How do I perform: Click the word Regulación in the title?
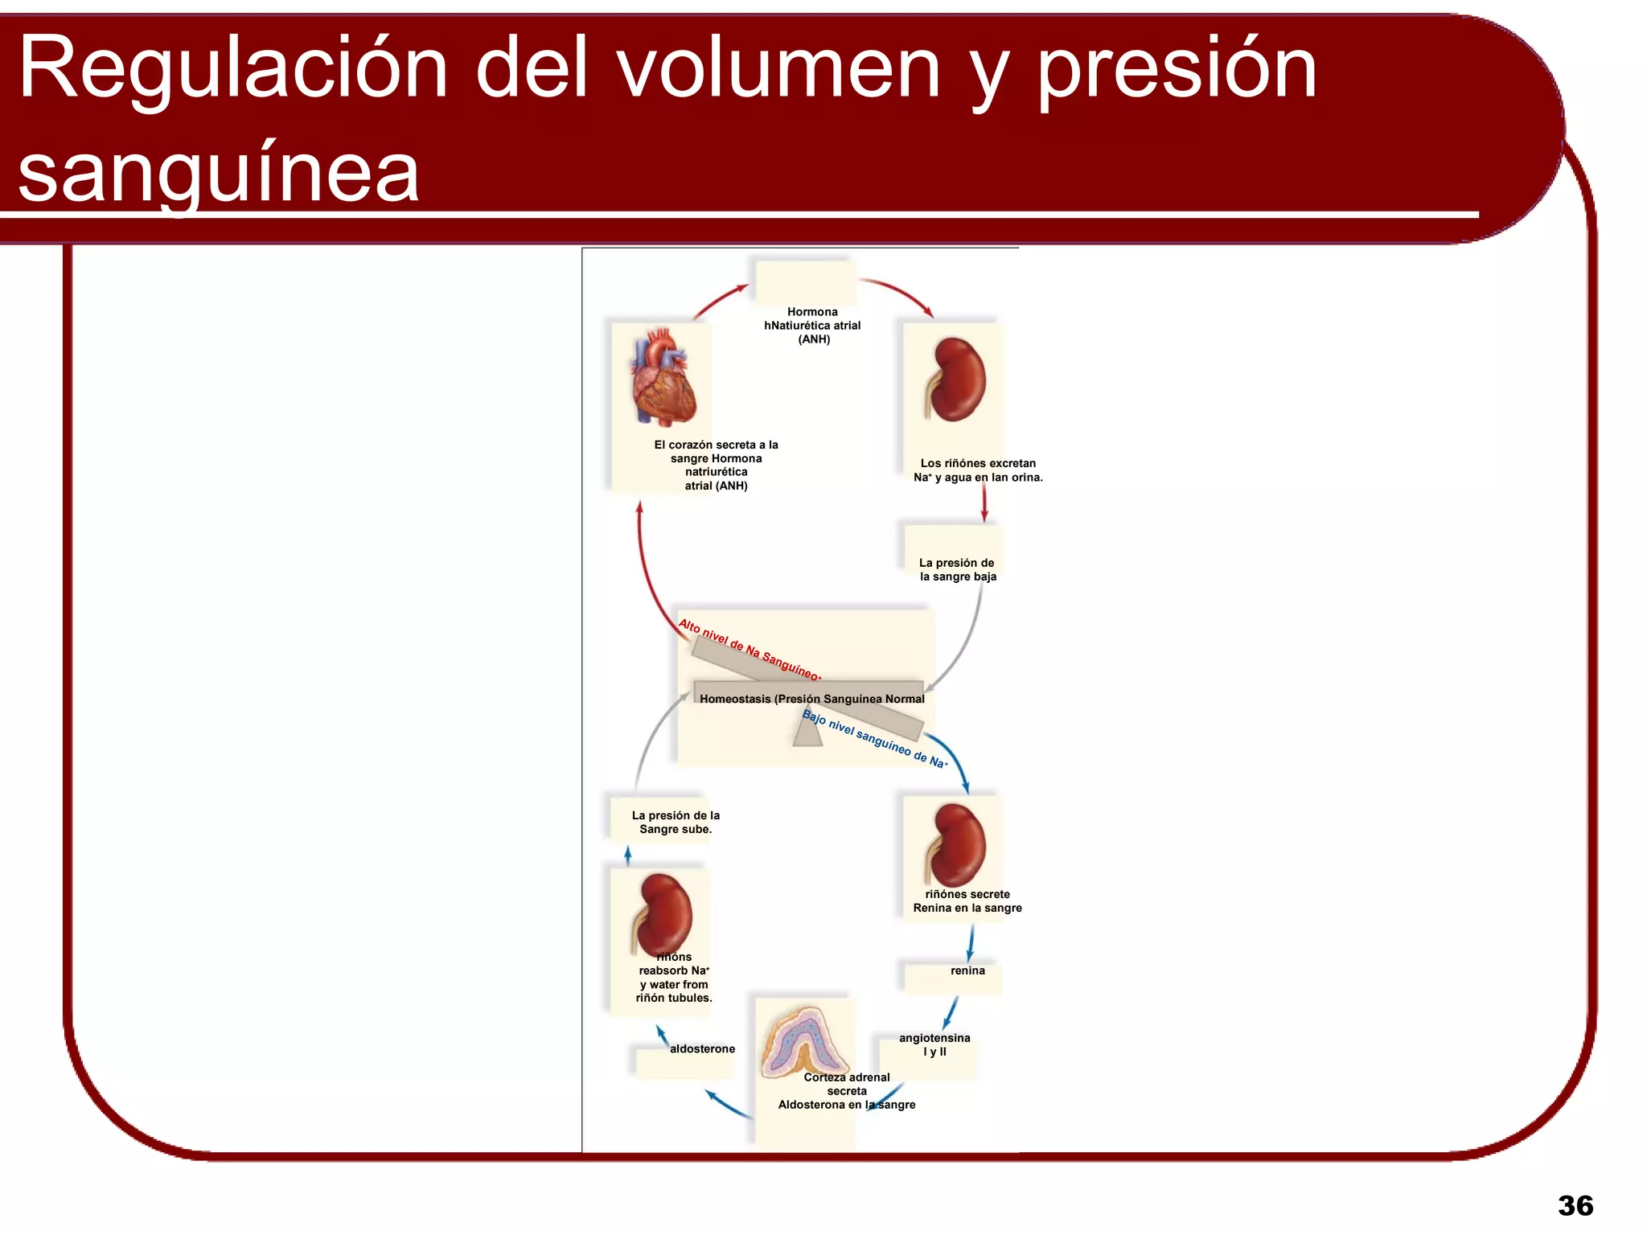(233, 71)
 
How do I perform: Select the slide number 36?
(1575, 1205)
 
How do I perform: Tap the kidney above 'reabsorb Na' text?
(664, 913)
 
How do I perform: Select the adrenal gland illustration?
(803, 1042)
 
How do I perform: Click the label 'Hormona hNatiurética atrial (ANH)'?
(812, 326)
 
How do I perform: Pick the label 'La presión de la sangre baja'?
(957, 569)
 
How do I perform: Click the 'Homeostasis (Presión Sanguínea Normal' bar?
(811, 699)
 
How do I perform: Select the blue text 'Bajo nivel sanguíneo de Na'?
(875, 739)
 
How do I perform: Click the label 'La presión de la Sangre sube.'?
(676, 822)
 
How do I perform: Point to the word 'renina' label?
(967, 970)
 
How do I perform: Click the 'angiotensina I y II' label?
(934, 1044)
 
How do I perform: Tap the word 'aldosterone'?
(702, 1048)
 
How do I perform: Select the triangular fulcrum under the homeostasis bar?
(807, 732)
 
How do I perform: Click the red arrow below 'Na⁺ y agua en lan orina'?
(984, 504)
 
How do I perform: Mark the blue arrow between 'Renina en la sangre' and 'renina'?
(971, 942)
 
